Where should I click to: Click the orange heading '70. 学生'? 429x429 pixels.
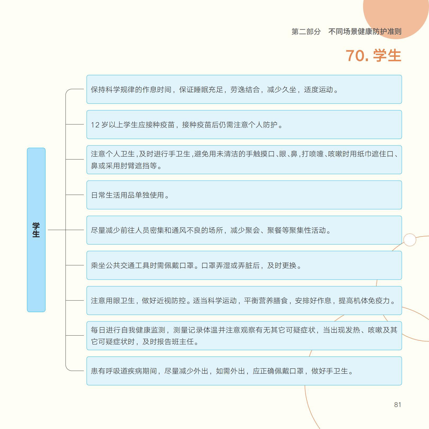pyautogui.click(x=373, y=56)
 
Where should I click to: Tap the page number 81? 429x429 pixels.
pyautogui.click(x=398, y=405)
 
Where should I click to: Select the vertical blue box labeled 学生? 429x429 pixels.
pyautogui.click(x=36, y=230)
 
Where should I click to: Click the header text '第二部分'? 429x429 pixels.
pyautogui.click(x=306, y=32)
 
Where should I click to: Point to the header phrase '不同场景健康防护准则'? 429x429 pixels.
pyautogui.click(x=365, y=32)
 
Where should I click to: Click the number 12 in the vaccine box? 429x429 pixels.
pyautogui.click(x=95, y=125)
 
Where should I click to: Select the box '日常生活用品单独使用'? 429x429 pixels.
pyautogui.click(x=244, y=195)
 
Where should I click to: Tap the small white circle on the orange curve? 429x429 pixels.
pyautogui.click(x=410, y=240)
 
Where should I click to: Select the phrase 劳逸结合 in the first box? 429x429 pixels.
pyautogui.click(x=245, y=90)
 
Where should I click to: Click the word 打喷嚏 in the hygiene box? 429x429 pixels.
pyautogui.click(x=313, y=154)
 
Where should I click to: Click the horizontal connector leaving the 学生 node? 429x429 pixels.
pyautogui.click(x=57, y=230)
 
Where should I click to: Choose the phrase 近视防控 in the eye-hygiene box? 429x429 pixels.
pyautogui.click(x=171, y=301)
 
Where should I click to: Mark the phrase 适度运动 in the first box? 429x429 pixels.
pyautogui.click(x=318, y=90)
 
